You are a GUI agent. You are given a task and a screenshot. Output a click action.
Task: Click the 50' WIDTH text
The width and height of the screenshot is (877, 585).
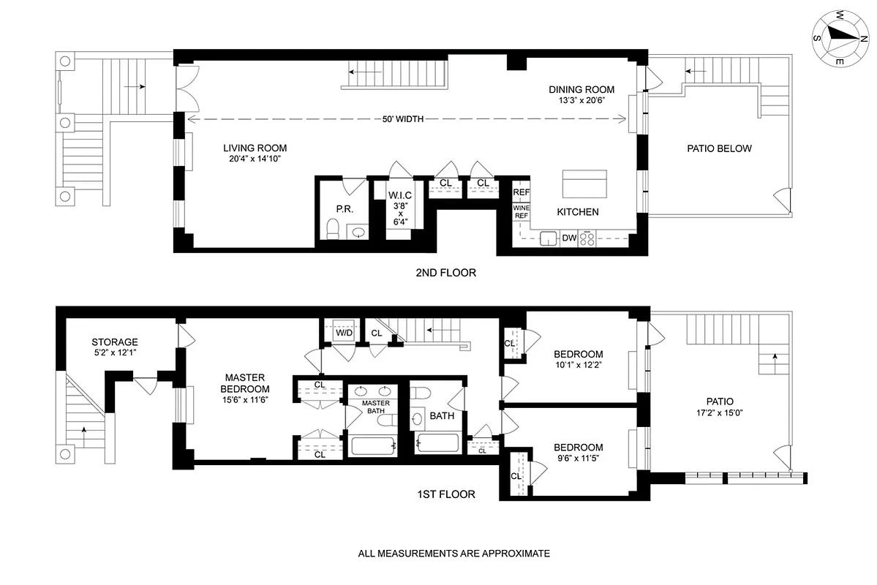click(x=403, y=119)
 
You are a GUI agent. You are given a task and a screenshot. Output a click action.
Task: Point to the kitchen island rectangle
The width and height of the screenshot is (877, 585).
click(x=584, y=184)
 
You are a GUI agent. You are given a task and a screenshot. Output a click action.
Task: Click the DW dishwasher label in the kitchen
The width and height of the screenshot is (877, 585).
click(x=569, y=238)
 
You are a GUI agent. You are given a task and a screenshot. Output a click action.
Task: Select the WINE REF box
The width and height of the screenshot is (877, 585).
click(x=521, y=211)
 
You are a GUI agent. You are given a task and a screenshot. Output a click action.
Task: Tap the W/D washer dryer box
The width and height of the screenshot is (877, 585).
click(x=343, y=333)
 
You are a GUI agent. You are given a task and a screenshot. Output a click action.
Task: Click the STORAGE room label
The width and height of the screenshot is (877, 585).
click(x=115, y=342)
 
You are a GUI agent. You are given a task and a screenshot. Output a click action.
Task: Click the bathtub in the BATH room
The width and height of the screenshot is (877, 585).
click(x=437, y=442)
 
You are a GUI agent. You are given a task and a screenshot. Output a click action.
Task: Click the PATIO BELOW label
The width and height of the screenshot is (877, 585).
click(x=719, y=148)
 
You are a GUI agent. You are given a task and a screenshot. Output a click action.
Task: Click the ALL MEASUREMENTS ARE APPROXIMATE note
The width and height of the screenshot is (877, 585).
click(x=453, y=554)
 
